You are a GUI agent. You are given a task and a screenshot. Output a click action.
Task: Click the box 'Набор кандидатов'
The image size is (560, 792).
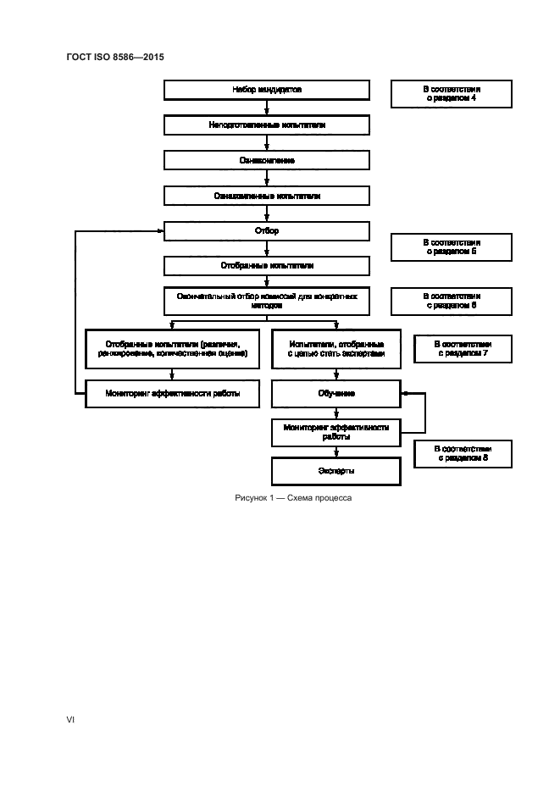(267, 90)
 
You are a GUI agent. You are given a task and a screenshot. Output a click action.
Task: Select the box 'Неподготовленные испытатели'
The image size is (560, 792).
(267, 125)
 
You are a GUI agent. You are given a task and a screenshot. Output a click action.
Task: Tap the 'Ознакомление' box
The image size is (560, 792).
(267, 160)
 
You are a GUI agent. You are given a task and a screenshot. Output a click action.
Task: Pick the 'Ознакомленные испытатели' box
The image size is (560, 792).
(267, 196)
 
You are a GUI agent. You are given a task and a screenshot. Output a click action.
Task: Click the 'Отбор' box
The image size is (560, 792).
(267, 230)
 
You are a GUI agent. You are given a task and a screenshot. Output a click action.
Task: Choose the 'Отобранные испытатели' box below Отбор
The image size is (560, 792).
(267, 266)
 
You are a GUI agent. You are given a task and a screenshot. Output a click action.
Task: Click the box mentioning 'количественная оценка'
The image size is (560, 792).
(172, 349)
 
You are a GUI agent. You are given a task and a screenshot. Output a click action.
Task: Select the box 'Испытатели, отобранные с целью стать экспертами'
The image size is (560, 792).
(335, 349)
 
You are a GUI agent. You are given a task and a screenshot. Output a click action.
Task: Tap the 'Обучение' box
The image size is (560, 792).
(335, 394)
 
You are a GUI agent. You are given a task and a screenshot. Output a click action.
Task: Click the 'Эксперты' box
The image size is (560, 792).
(335, 470)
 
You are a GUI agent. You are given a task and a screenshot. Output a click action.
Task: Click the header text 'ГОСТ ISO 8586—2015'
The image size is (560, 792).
(114, 58)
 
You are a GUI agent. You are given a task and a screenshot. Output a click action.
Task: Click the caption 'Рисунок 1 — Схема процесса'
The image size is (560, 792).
(292, 498)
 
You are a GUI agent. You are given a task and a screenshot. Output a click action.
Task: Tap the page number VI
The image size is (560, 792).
(71, 720)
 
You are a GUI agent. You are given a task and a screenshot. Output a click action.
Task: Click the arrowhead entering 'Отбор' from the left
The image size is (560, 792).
(160, 230)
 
